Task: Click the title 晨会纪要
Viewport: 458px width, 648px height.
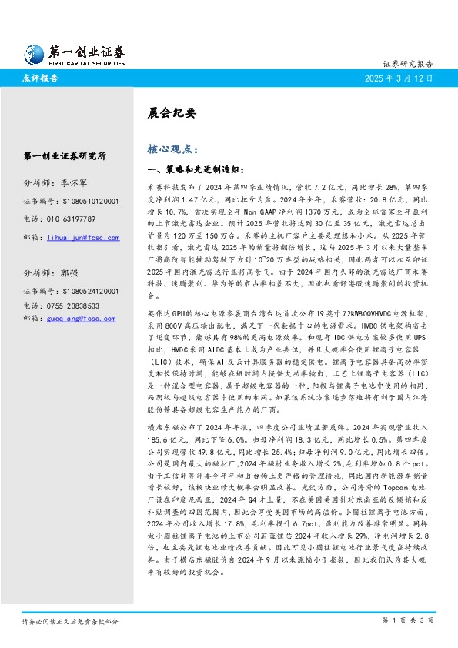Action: [x=167, y=112]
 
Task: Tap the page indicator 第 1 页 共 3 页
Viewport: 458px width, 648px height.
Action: [x=408, y=620]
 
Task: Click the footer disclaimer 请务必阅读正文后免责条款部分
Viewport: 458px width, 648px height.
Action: [x=70, y=620]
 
